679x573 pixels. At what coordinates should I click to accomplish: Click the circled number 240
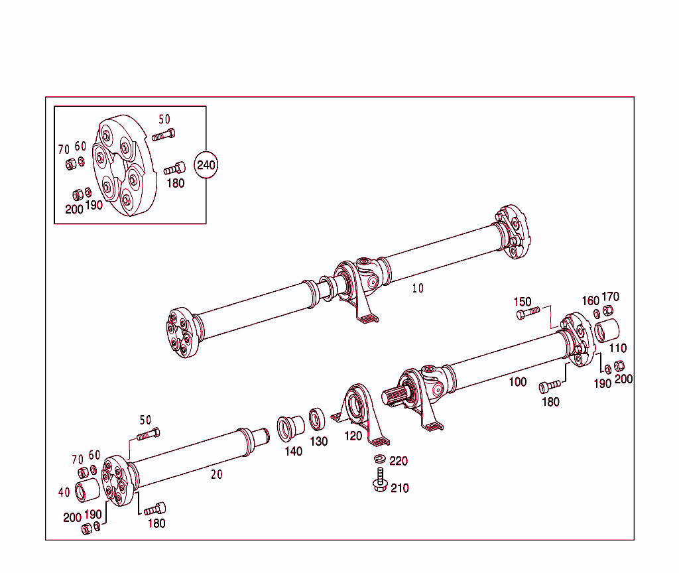pyautogui.click(x=206, y=165)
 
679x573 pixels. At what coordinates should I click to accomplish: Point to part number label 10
pyautogui.click(x=418, y=288)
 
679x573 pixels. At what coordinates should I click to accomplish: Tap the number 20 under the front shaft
pyautogui.click(x=216, y=474)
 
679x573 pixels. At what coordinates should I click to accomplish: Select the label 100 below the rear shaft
pyautogui.click(x=517, y=381)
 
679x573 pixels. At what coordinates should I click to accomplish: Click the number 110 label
pyautogui.click(x=617, y=348)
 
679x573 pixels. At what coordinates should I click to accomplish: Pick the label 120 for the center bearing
pyautogui.click(x=353, y=436)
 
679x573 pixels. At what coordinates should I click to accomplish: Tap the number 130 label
pyautogui.click(x=319, y=442)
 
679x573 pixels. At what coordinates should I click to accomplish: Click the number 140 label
pyautogui.click(x=293, y=451)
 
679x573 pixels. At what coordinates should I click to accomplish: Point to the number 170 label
pyautogui.click(x=610, y=296)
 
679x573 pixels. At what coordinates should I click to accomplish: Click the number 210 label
pyautogui.click(x=399, y=488)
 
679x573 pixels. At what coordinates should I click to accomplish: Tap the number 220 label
pyautogui.click(x=399, y=461)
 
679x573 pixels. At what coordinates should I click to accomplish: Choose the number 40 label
pyautogui.click(x=64, y=492)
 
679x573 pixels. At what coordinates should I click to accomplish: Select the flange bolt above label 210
pyautogui.click(x=380, y=480)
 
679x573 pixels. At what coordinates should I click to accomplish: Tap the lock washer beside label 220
pyautogui.click(x=380, y=459)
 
